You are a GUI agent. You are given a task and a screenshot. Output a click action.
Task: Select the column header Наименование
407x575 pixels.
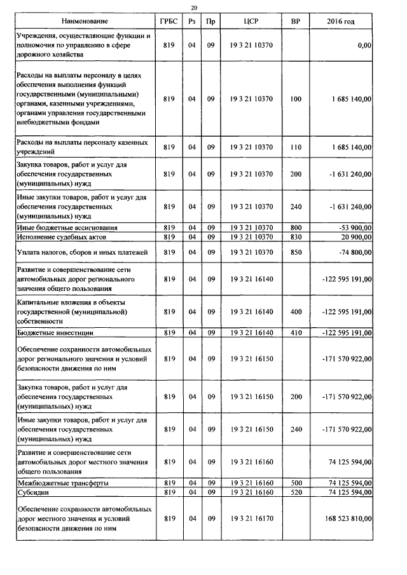84,22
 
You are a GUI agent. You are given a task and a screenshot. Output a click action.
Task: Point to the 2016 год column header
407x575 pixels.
340,22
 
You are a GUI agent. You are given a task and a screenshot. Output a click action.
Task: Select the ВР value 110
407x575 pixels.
295,147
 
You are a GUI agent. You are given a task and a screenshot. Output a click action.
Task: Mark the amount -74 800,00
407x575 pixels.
351,252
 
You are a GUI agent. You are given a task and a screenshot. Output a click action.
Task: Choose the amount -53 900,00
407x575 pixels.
351,227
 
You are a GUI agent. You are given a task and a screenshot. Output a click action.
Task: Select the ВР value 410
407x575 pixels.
295,332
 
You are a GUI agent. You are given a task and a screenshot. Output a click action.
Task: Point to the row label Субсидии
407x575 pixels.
32,492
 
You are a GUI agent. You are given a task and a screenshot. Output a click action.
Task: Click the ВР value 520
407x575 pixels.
295,492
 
